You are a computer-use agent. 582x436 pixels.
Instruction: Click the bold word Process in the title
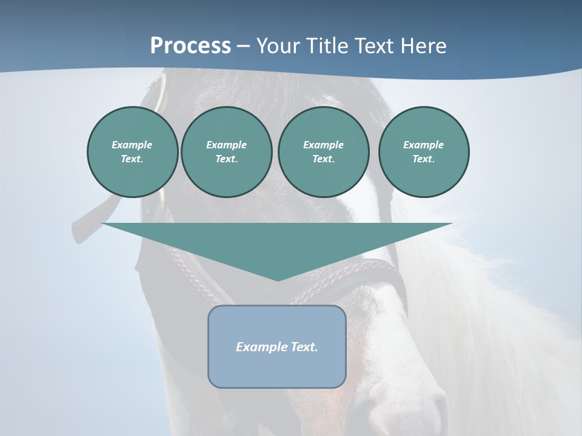click(190, 46)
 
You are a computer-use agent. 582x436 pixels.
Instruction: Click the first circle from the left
click(133, 152)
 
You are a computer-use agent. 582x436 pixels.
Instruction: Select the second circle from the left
click(227, 152)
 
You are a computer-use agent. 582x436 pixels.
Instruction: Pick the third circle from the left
click(324, 152)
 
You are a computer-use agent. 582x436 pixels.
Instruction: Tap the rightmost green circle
click(424, 152)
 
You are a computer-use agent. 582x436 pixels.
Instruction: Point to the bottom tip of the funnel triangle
click(278, 280)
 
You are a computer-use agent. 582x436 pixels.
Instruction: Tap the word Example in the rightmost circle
click(423, 145)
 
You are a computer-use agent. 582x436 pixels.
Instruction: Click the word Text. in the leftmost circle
click(132, 159)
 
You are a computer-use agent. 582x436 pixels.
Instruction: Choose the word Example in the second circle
click(226, 145)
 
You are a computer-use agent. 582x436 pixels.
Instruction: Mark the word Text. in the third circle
click(324, 159)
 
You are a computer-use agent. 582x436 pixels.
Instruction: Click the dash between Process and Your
click(243, 47)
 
